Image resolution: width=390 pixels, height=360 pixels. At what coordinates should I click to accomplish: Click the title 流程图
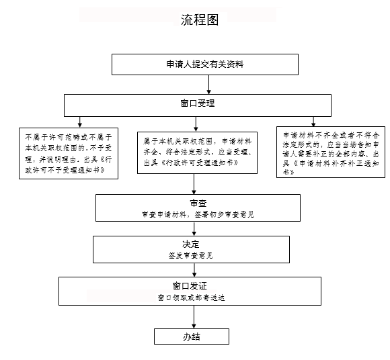coord(200,20)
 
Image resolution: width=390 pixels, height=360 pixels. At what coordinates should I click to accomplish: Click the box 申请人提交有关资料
coord(205,64)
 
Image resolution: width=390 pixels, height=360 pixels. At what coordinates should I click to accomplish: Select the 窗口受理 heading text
coord(198,103)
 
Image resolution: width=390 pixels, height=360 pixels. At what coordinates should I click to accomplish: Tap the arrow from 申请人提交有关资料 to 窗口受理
coord(208,85)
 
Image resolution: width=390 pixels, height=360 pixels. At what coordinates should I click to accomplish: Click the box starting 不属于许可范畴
coord(69,153)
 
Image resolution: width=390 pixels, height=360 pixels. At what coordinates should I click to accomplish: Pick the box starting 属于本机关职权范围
coord(197,152)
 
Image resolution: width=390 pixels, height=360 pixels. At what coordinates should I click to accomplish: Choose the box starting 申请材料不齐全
coord(331,152)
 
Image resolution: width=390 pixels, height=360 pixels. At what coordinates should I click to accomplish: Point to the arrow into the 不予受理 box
coord(80,122)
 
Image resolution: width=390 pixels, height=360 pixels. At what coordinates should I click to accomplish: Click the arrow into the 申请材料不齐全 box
coord(313,122)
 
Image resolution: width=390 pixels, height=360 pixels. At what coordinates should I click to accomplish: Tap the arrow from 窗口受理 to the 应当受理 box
coord(196,124)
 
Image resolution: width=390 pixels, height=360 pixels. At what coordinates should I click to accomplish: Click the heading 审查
coord(198,204)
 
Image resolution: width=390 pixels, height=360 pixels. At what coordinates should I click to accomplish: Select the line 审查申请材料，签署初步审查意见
coord(198,214)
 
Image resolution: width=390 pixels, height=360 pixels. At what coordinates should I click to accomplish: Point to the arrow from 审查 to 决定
coord(194,228)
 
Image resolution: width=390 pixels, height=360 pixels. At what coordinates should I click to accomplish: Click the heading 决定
coord(191,244)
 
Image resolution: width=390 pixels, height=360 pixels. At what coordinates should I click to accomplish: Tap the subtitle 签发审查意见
coord(191,255)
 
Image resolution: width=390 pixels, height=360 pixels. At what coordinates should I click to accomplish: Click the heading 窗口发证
coord(190,286)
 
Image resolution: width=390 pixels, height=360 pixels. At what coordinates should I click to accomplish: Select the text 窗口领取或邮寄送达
coord(191,298)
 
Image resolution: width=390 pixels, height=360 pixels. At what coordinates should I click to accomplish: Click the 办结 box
coord(192,336)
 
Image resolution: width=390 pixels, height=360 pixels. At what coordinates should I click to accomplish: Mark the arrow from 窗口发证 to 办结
coord(194,317)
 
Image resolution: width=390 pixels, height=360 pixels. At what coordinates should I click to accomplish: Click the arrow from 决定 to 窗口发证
coord(194,270)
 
